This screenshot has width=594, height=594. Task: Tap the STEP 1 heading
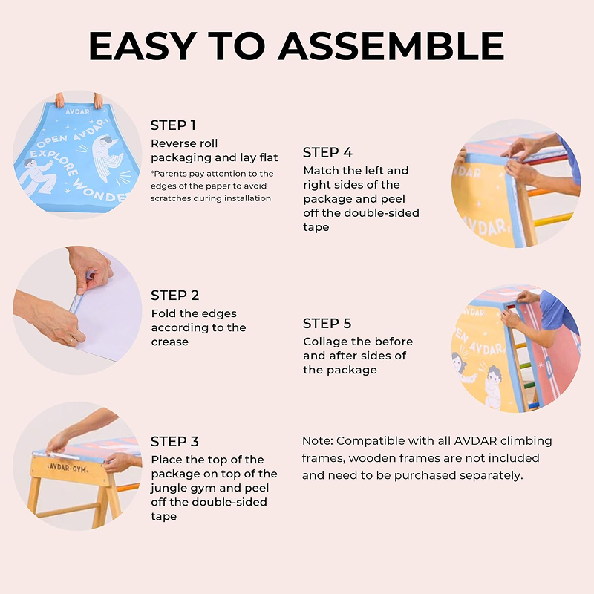[173, 125]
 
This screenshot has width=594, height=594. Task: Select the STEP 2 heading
[174, 296]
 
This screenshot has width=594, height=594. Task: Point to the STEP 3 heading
[174, 442]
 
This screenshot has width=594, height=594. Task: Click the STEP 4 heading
[327, 153]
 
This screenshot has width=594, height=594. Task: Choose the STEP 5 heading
[327, 324]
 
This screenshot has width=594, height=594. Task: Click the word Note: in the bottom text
[318, 441]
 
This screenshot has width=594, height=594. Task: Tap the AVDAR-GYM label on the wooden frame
[68, 468]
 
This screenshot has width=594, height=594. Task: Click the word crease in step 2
[170, 342]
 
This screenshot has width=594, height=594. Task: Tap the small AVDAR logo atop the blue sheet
[78, 112]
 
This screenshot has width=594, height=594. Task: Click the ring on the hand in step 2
[71, 341]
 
